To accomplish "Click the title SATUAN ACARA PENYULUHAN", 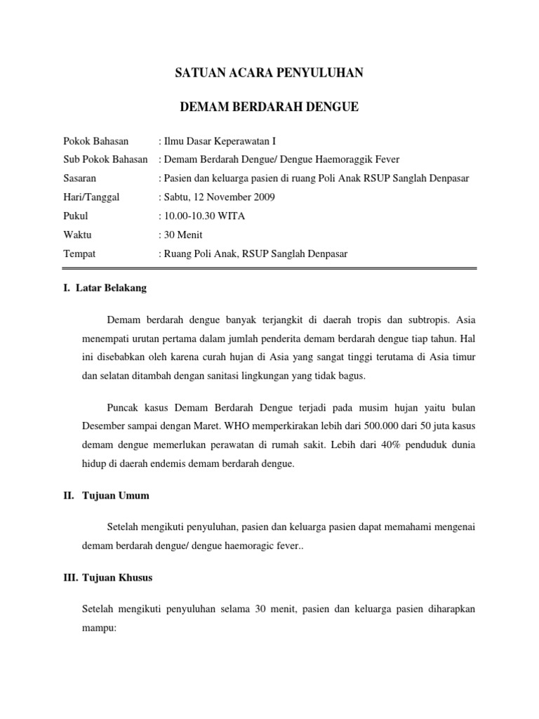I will [x=269, y=73].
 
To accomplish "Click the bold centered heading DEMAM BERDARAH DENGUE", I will [x=269, y=107].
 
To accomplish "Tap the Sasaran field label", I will [x=79, y=178].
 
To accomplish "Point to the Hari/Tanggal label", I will [x=91, y=197].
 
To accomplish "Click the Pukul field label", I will [x=75, y=216].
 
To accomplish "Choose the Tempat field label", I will [x=79, y=253].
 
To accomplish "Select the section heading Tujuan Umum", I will [x=116, y=495].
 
